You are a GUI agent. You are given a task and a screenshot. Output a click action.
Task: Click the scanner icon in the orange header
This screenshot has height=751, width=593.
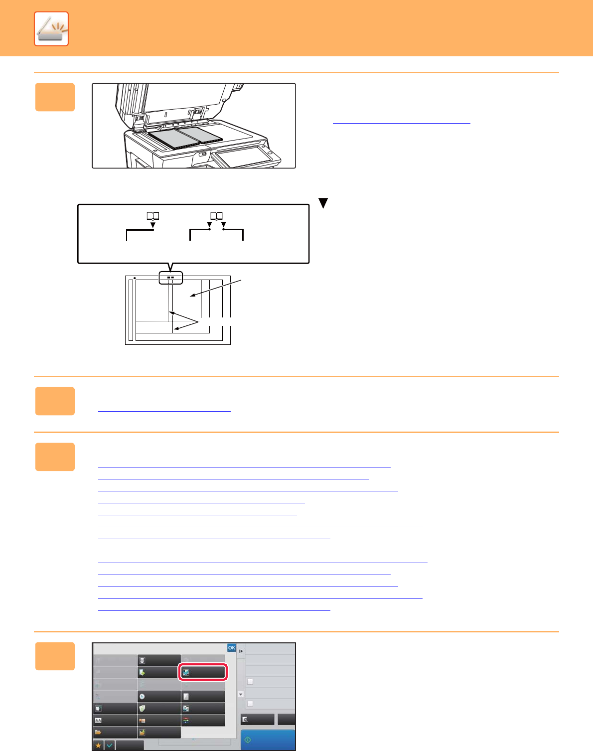(51, 28)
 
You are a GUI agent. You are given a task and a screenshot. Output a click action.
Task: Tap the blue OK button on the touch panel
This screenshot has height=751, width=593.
(231, 648)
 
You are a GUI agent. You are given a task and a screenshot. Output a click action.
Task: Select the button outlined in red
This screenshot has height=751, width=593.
(203, 672)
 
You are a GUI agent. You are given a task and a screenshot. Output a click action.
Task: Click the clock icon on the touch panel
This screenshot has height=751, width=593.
(142, 696)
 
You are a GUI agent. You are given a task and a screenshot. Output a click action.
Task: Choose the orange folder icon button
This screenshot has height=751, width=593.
(98, 732)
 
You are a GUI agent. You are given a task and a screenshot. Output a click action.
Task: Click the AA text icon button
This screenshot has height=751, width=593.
(98, 720)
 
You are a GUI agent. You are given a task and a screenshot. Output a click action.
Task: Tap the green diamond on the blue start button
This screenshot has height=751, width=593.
(248, 740)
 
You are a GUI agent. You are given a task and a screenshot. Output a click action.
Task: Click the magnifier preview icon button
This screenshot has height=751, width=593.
(245, 719)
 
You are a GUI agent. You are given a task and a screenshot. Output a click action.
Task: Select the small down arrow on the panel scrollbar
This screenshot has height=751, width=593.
(241, 694)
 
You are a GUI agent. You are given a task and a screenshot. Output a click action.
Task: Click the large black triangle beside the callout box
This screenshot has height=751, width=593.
(323, 203)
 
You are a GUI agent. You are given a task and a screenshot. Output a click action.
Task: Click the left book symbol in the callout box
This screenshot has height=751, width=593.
(153, 216)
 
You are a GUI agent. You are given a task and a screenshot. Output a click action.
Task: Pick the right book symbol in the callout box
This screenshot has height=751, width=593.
(216, 216)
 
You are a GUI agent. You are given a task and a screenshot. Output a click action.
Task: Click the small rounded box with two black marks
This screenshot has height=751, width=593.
(171, 278)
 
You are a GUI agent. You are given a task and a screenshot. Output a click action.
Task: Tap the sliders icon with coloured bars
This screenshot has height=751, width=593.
(186, 720)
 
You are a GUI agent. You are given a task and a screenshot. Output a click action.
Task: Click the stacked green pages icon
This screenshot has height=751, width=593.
(142, 709)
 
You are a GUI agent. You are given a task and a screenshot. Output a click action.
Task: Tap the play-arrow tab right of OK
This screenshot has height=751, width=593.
(241, 651)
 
